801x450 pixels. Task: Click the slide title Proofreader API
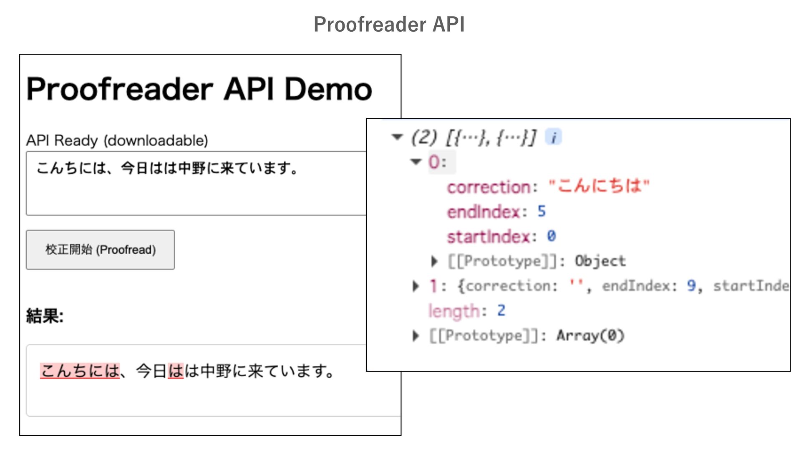point(389,24)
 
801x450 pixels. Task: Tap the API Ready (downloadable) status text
point(117,141)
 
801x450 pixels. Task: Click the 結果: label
point(45,316)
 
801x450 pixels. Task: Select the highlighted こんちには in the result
point(80,371)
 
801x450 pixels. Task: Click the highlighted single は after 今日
point(176,371)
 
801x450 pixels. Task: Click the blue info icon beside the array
point(554,137)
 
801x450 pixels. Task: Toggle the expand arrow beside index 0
point(416,162)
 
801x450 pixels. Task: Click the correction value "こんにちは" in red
point(599,186)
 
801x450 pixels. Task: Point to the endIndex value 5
point(542,212)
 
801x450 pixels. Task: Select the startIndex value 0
point(551,236)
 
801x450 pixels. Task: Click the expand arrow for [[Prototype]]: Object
point(434,261)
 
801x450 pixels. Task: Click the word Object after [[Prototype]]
point(600,261)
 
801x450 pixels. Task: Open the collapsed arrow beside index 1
point(416,286)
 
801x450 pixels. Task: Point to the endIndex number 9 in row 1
point(691,286)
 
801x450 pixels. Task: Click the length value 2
point(501,311)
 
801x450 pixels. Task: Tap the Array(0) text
point(590,335)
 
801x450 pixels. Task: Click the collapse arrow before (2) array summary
point(397,137)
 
